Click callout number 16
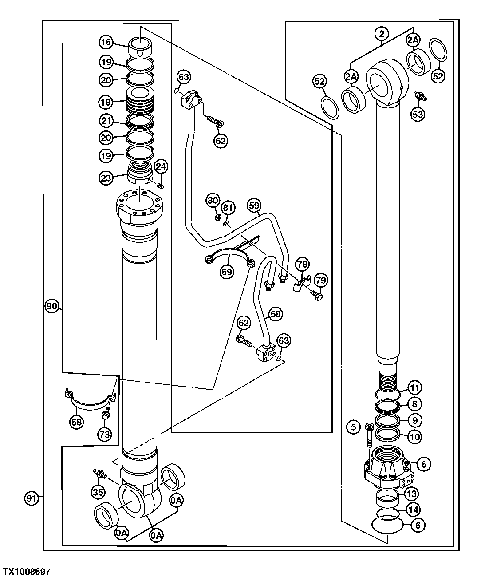[x=106, y=43]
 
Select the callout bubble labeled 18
[x=106, y=102]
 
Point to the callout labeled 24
[x=161, y=167]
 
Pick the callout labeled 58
[x=276, y=314]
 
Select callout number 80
[x=213, y=200]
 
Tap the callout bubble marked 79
[x=320, y=280]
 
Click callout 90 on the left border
[x=52, y=306]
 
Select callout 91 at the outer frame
[x=31, y=498]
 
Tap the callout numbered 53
[x=418, y=114]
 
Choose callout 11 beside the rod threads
[x=414, y=387]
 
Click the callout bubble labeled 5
[x=354, y=427]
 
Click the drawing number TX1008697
[x=27, y=571]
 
